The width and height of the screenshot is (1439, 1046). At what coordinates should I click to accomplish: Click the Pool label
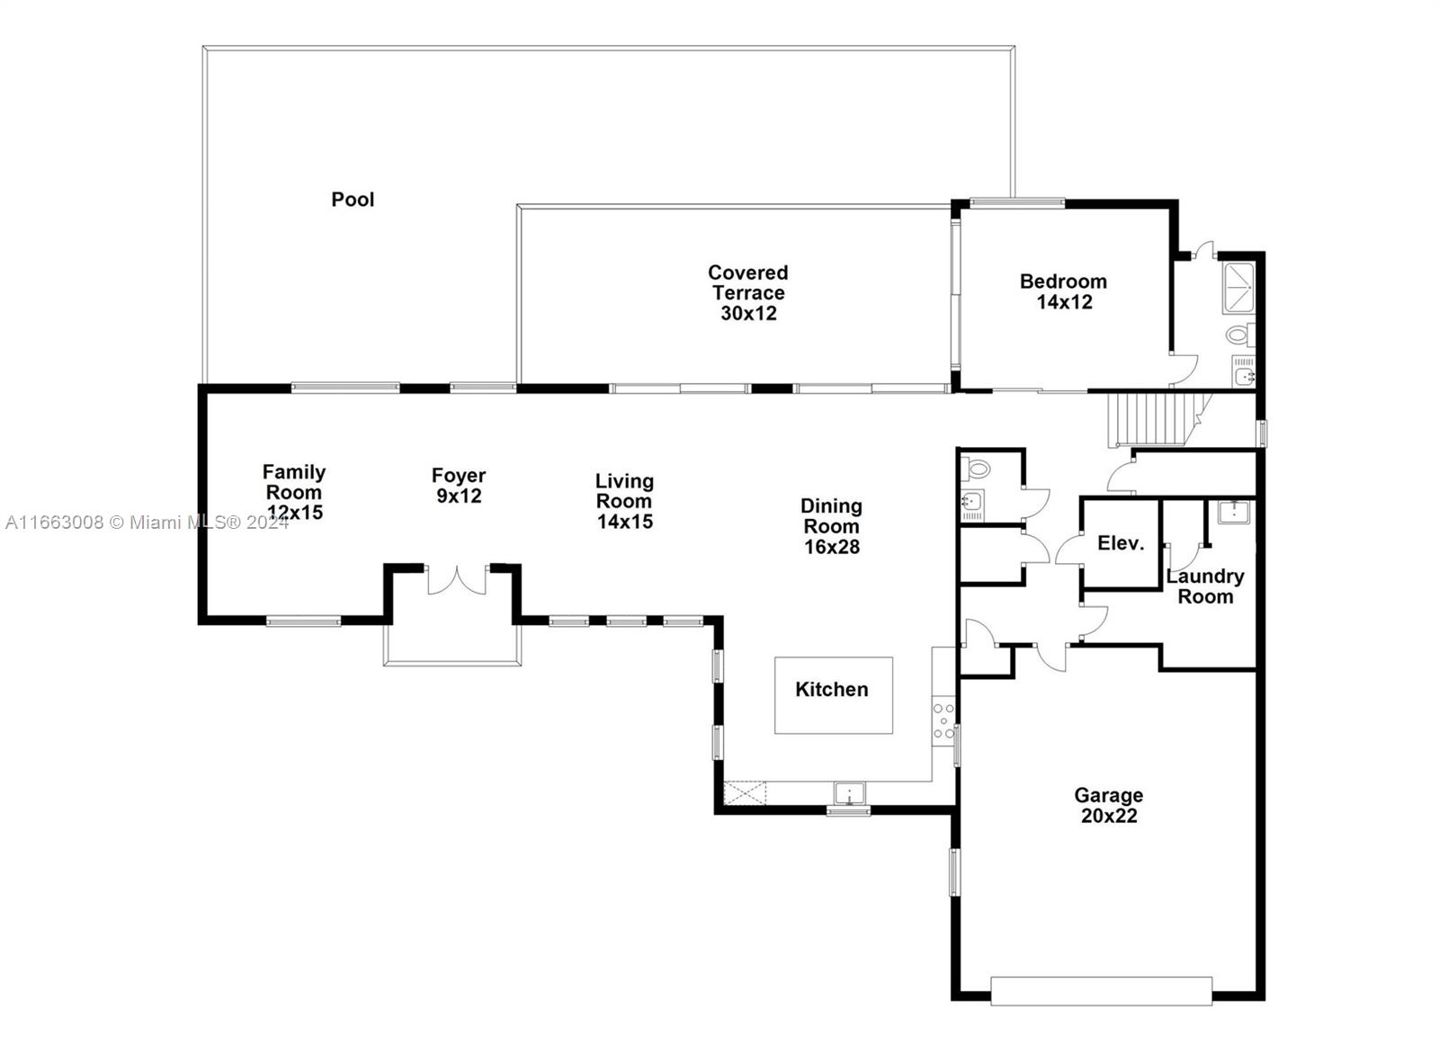click(353, 200)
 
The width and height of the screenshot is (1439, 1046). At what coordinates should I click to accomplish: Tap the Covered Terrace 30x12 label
click(748, 293)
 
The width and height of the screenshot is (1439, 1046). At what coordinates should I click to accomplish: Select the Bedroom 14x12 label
click(1064, 291)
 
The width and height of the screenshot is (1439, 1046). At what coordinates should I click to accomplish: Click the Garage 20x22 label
click(1109, 806)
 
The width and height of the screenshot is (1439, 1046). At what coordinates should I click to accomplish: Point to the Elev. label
click(1121, 543)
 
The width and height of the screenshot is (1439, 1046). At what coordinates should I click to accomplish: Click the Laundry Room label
click(1205, 586)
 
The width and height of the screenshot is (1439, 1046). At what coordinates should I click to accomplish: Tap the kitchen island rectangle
click(834, 695)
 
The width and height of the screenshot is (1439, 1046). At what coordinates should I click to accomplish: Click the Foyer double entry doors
click(456, 580)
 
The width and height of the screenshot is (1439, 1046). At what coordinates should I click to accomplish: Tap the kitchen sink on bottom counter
click(849, 793)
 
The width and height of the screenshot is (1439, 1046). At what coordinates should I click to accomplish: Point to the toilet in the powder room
click(975, 469)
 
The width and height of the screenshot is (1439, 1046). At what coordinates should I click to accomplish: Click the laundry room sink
click(1234, 512)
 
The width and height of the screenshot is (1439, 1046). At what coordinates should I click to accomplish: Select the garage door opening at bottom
click(1101, 990)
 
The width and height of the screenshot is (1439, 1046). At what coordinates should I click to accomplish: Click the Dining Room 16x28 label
click(832, 526)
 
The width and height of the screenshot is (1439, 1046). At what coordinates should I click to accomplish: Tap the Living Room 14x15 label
click(624, 501)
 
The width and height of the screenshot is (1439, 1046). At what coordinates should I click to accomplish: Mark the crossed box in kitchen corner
click(746, 793)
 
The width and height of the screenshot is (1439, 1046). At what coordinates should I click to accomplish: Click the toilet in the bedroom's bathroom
click(1239, 335)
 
